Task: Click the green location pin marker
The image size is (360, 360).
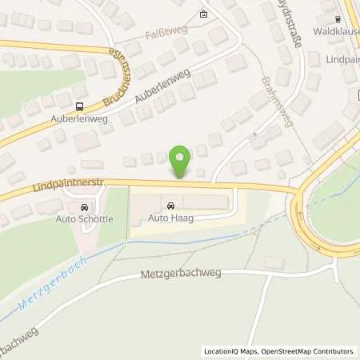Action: click(x=181, y=162)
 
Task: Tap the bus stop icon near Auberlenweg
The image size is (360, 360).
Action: click(x=79, y=106)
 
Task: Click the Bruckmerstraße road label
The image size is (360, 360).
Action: click(x=118, y=80)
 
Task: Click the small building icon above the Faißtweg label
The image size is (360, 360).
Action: click(x=203, y=14)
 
